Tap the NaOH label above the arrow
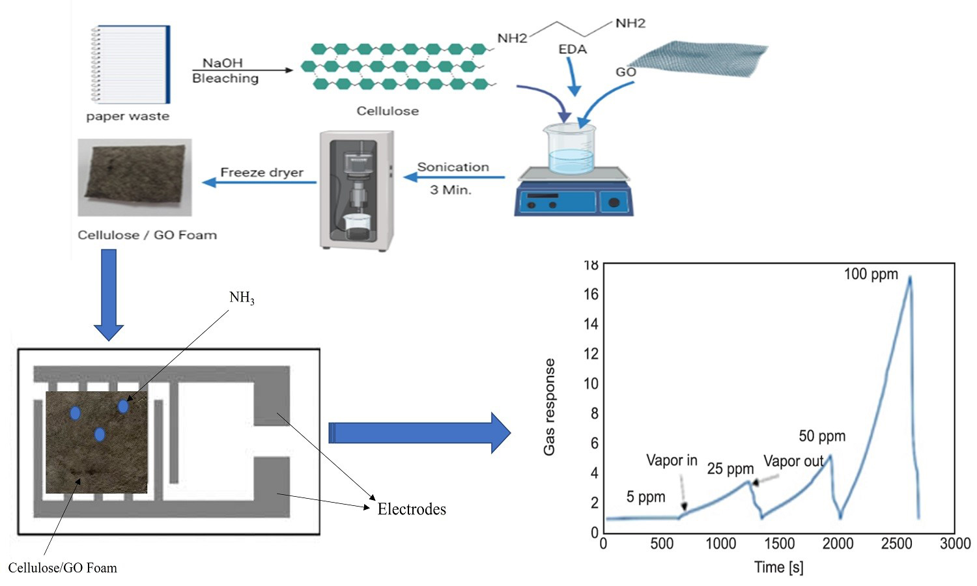(x=223, y=63)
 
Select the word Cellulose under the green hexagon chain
(x=388, y=111)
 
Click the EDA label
(x=573, y=49)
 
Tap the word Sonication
(x=453, y=167)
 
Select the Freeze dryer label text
(x=262, y=172)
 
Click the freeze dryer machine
(x=357, y=190)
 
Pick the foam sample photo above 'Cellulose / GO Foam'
(x=135, y=176)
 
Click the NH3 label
(x=242, y=298)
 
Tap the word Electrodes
(x=412, y=509)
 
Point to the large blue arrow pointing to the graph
(x=419, y=432)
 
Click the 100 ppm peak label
(x=871, y=274)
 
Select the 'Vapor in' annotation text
(x=672, y=460)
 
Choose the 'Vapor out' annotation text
(x=793, y=461)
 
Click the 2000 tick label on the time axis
(x=838, y=544)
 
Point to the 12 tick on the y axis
(x=591, y=354)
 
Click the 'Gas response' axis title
(x=550, y=407)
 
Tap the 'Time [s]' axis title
(x=778, y=567)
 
